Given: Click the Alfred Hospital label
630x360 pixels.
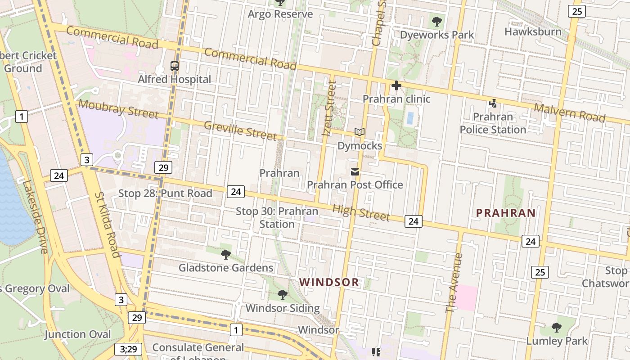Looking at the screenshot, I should tap(174, 80).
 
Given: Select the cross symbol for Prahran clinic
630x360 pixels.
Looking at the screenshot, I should tap(396, 85).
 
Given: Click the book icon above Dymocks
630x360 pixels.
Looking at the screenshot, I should tap(359, 132).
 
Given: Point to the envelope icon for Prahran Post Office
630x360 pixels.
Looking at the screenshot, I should tap(355, 171).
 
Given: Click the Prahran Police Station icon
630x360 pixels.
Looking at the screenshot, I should tap(493, 103).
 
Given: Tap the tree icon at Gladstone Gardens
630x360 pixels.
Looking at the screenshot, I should tap(226, 255).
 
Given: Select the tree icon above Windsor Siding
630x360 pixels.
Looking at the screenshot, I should tap(283, 295).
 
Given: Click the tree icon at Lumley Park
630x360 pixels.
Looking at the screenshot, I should tap(557, 327).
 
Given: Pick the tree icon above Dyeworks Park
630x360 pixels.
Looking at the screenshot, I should tap(436, 21).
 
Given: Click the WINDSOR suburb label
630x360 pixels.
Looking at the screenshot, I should tap(329, 283).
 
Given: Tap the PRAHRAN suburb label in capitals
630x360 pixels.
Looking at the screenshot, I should tap(506, 213).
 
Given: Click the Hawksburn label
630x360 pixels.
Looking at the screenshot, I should tap(533, 32).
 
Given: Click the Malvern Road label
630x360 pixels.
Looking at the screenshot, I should tap(569, 112).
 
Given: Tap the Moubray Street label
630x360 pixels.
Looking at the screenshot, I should tap(118, 109).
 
